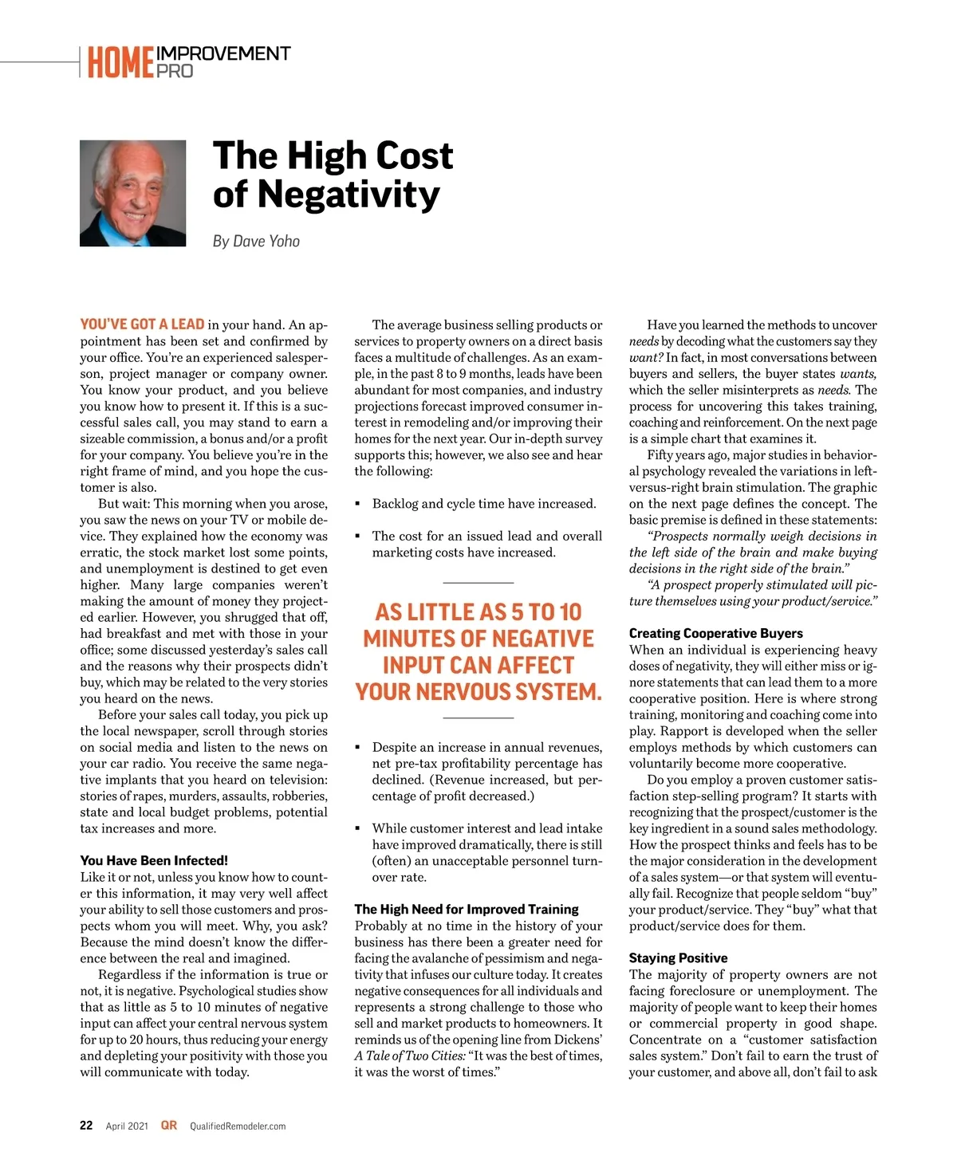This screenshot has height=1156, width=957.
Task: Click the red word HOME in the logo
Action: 120,63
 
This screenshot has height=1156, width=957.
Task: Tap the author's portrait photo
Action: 132,193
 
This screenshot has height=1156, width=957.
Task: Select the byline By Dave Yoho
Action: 256,241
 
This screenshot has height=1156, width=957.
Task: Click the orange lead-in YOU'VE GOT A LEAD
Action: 142,324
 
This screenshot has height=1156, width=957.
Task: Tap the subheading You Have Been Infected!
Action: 154,860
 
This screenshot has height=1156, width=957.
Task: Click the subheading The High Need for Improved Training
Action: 467,909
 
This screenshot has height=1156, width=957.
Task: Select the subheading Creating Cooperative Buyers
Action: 715,633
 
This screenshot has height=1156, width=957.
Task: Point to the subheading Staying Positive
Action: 678,957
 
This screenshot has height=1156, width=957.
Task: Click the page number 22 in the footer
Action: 86,1126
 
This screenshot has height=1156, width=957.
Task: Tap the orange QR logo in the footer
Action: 169,1125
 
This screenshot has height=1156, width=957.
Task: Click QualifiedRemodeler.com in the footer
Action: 238,1127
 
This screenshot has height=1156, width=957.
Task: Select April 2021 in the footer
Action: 127,1127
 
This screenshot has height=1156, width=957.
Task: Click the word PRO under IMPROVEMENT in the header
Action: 175,71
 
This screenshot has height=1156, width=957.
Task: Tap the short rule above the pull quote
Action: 478,583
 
